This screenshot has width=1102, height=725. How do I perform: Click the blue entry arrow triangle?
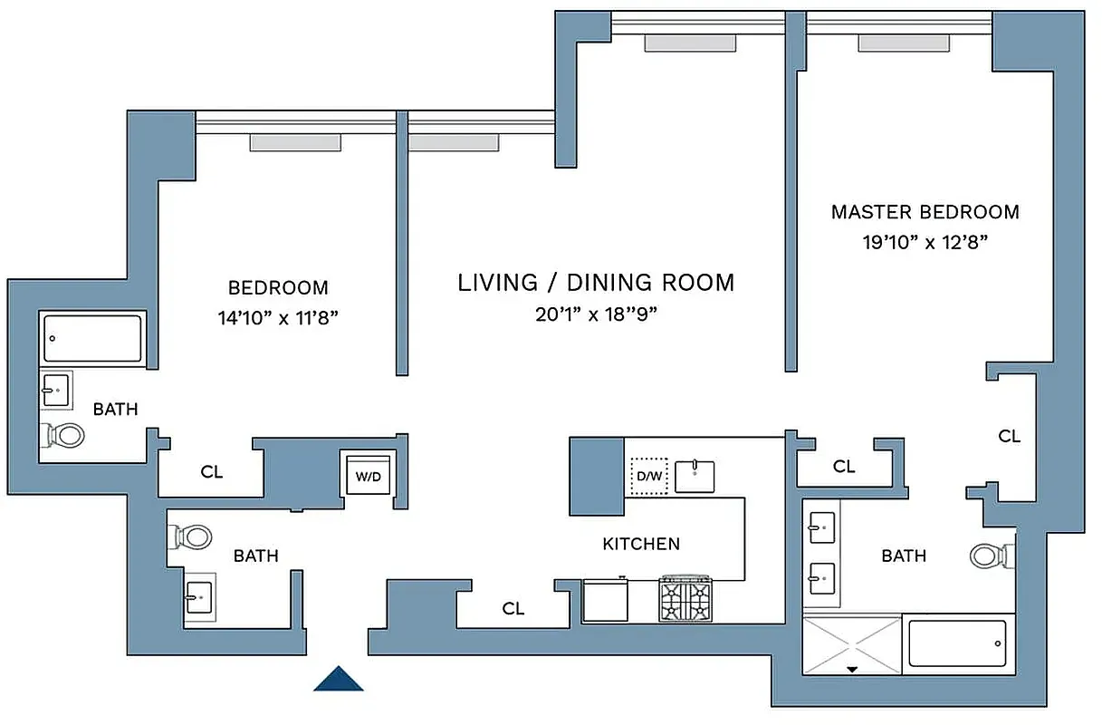pyautogui.click(x=339, y=679)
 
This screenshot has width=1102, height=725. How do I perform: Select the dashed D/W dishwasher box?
pyautogui.click(x=648, y=476)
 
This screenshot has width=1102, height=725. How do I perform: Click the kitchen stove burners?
pyautogui.click(x=686, y=600)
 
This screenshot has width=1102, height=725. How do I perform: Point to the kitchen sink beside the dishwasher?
pyautogui.click(x=695, y=476)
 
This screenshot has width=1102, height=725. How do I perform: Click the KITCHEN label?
pyautogui.click(x=641, y=544)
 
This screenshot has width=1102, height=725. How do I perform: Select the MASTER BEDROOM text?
pyautogui.click(x=925, y=212)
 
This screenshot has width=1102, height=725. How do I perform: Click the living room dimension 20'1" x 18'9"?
pyautogui.click(x=595, y=314)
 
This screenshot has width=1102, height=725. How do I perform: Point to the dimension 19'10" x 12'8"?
pyautogui.click(x=925, y=242)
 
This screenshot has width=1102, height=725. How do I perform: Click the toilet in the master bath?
pyautogui.click(x=987, y=555)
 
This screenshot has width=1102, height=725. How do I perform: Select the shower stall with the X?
pyautogui.click(x=852, y=644)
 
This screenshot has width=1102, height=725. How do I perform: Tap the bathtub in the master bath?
pyautogui.click(x=957, y=643)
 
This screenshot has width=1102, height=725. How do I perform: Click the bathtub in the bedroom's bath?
pyautogui.click(x=92, y=338)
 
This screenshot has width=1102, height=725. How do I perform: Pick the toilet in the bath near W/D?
pyautogui.click(x=190, y=536)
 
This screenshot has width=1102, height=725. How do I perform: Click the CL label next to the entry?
pyautogui.click(x=513, y=609)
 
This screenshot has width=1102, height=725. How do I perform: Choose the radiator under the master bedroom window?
pyautogui.click(x=904, y=43)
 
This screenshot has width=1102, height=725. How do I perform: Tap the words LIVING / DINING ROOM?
pyautogui.click(x=596, y=283)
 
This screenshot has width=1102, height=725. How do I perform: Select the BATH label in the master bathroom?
pyautogui.click(x=904, y=556)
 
